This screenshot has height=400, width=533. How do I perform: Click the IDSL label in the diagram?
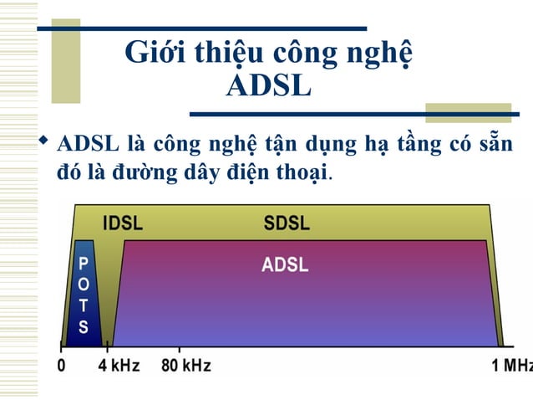click(x=122, y=223)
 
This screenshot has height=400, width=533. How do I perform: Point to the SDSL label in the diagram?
click(x=286, y=223)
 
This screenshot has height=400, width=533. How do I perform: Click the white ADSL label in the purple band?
click(x=285, y=265)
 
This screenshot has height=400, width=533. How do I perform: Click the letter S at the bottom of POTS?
click(x=83, y=327)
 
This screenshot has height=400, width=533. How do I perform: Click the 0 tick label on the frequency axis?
click(x=62, y=367)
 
